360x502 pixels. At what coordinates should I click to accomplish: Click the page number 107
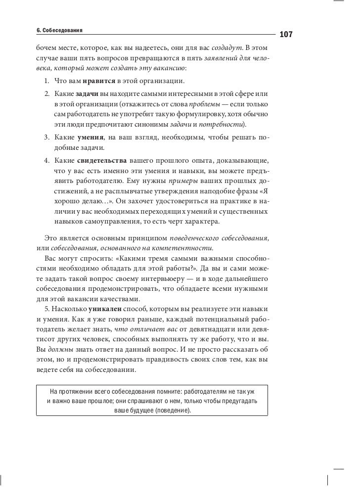pos(286,35)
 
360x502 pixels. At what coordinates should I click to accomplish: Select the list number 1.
pos(45,81)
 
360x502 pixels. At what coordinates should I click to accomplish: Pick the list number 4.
pos(45,161)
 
